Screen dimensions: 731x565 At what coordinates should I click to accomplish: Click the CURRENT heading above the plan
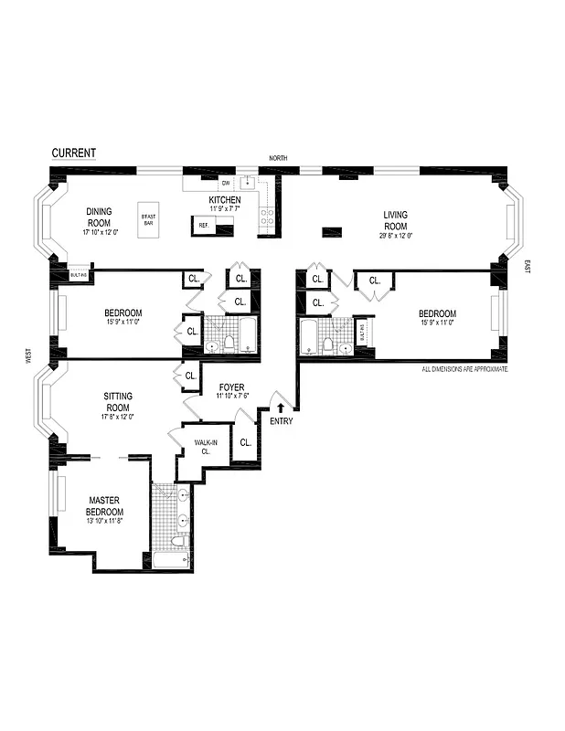[73, 153]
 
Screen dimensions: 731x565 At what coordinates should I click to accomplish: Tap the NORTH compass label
[278, 158]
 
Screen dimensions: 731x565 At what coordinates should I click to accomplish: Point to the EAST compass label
[527, 266]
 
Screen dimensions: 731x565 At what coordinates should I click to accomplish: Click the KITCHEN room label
[225, 199]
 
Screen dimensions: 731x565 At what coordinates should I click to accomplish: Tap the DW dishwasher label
[225, 184]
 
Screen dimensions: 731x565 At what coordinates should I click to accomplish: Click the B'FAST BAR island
[149, 219]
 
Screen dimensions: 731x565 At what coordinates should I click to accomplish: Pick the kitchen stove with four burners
[268, 217]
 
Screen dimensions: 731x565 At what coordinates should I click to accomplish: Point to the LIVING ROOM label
[395, 220]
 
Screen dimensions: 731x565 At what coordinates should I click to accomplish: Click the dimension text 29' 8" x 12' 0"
[395, 236]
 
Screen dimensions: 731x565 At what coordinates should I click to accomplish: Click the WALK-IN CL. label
[203, 447]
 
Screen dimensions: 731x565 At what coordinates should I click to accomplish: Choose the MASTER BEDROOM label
[105, 505]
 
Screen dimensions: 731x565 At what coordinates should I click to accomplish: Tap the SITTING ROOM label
[118, 401]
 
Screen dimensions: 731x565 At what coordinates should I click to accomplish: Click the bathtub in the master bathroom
[171, 558]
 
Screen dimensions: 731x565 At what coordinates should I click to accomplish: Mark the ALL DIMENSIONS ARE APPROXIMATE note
[464, 370]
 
